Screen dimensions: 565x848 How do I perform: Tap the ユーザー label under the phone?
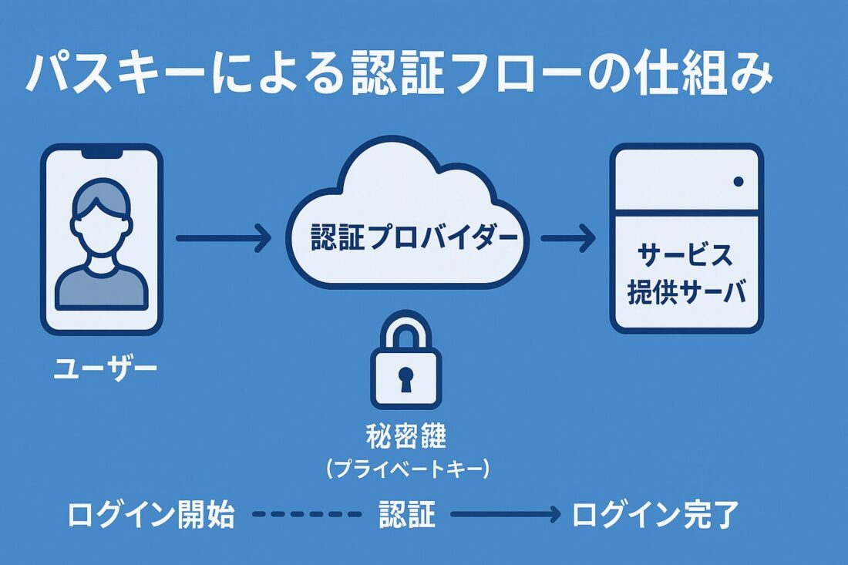pos(104,368)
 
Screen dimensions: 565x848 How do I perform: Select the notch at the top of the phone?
pos(103,153)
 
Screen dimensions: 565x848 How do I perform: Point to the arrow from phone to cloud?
pos(223,238)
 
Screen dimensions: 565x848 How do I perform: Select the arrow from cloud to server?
pos(567,238)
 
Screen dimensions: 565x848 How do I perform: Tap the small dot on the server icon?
pos(738,182)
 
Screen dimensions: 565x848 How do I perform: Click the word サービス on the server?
pos(685,255)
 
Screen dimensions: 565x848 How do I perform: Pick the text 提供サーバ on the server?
pos(687,294)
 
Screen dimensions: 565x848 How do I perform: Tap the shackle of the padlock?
pos(405,330)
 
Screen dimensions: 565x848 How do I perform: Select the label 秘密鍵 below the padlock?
pos(405,437)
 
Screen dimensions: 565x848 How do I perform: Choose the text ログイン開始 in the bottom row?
pos(151,515)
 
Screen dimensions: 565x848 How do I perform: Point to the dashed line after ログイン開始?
pos(306,515)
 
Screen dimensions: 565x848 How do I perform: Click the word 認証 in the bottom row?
pos(406,515)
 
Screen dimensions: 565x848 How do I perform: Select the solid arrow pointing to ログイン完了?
pos(505,515)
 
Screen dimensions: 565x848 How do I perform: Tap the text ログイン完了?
pos(655,515)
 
